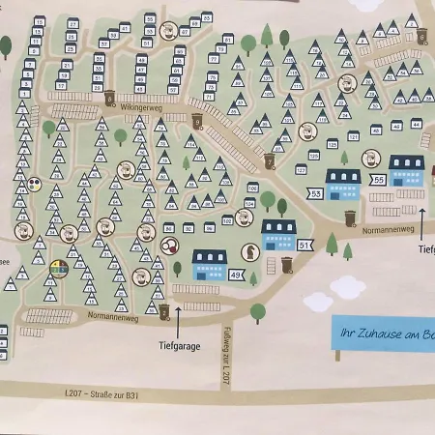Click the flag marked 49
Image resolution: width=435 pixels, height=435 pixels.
coord(237,275)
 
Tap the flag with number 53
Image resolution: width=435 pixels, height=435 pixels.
coord(315,194)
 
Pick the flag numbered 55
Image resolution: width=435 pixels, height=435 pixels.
coord(378,180)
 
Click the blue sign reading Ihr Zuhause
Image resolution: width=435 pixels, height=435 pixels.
coord(383,333)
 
